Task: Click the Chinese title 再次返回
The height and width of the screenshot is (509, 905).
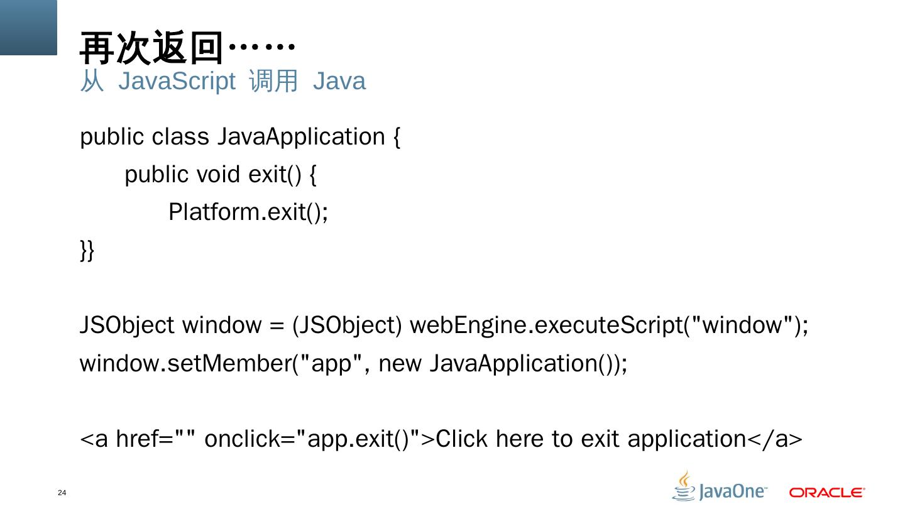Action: [x=151, y=48]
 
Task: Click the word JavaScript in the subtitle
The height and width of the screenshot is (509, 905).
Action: [x=177, y=82]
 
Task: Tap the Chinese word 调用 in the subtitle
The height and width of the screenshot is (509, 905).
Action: [x=273, y=82]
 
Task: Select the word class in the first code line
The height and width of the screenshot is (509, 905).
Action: [x=180, y=136]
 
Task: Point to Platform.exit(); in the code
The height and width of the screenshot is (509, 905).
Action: [x=248, y=212]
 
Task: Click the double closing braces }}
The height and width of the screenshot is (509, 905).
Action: [x=87, y=249]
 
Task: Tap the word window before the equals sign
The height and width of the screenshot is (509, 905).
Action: [x=221, y=326]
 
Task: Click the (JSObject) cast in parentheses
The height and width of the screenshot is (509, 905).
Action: [x=347, y=326]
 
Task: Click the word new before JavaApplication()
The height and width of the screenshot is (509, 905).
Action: [x=400, y=363]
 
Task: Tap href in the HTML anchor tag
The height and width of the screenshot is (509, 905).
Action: [x=135, y=439]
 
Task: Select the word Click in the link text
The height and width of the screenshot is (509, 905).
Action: [x=462, y=439]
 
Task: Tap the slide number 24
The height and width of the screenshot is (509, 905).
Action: [x=62, y=493]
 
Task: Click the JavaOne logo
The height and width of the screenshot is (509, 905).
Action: [x=720, y=488]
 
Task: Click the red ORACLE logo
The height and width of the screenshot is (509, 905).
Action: [x=827, y=492]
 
